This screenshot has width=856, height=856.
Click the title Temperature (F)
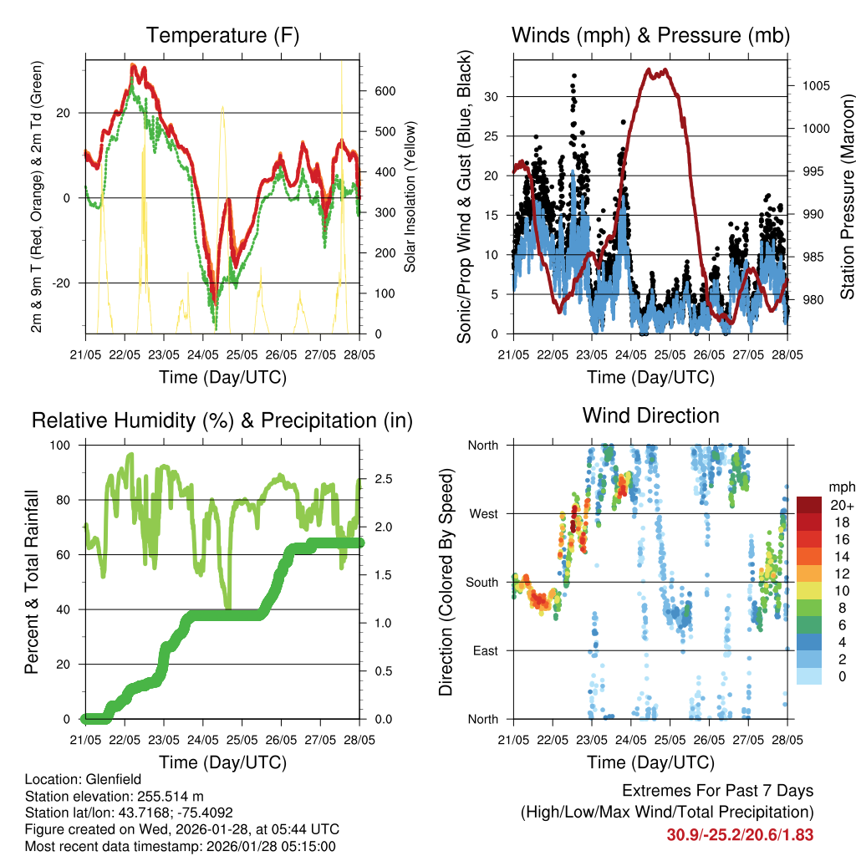pos(222,36)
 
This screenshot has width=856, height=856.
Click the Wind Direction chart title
pos(650,415)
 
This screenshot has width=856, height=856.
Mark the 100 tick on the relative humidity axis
pos(64,446)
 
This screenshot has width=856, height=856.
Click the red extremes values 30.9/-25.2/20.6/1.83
pos(740,834)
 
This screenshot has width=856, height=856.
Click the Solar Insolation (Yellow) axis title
pos(411,196)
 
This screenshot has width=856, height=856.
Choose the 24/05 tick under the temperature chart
pos(203,354)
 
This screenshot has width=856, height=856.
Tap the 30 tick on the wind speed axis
pos(494,97)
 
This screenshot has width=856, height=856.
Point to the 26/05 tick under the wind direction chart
pos(709,740)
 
